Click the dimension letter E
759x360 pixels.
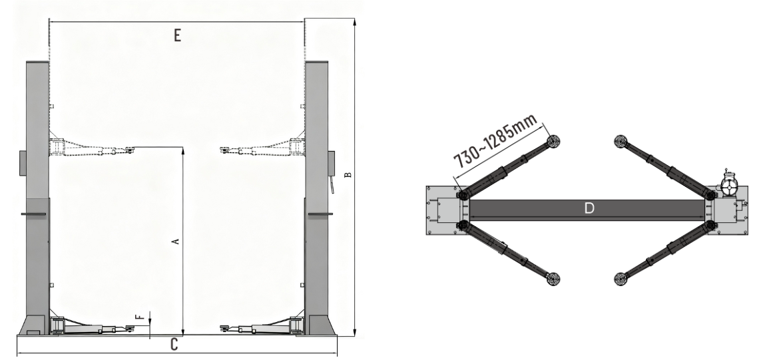coord(177,35)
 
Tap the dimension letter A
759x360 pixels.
coord(176,240)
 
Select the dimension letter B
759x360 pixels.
coord(348,175)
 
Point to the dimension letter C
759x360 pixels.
coord(174,345)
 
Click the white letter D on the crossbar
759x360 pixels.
coord(589,208)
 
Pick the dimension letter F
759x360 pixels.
coord(140,317)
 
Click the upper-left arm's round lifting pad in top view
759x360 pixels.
coord(553,141)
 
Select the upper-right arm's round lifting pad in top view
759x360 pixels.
coord(621,141)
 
